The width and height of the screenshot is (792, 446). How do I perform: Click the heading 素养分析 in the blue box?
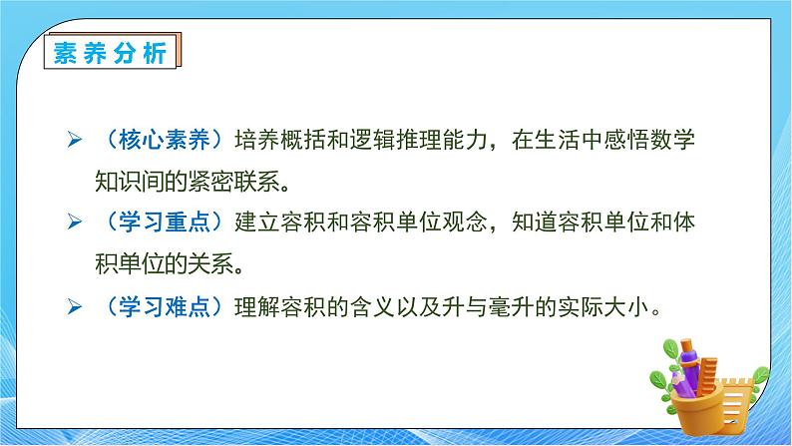110,50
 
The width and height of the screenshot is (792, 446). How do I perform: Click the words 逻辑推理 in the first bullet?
390,141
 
